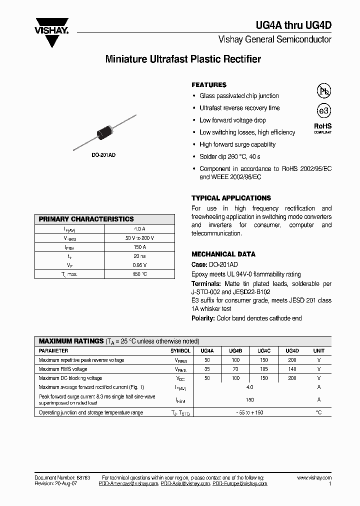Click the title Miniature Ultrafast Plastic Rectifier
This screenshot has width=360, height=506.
click(x=183, y=59)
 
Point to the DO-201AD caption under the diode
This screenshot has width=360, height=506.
click(x=103, y=155)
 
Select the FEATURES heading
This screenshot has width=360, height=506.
click(x=209, y=85)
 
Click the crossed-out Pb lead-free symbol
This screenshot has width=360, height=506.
click(x=323, y=90)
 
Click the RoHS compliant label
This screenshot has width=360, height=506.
click(x=322, y=128)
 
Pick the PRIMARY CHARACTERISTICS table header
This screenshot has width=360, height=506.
click(x=86, y=219)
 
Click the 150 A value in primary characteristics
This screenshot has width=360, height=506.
click(x=139, y=247)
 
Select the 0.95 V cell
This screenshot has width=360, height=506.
click(x=139, y=265)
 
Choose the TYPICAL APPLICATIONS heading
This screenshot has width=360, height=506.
click(x=231, y=198)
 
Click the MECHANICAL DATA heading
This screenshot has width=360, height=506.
click(x=223, y=254)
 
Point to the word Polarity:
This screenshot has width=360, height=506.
click(x=203, y=318)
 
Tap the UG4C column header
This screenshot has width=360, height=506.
click(x=264, y=351)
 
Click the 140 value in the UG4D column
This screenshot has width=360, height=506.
click(x=292, y=369)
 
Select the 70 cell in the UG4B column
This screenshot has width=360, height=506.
click(x=236, y=369)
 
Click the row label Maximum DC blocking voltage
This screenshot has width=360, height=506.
click(x=70, y=378)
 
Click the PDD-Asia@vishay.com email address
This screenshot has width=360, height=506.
click(x=185, y=483)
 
